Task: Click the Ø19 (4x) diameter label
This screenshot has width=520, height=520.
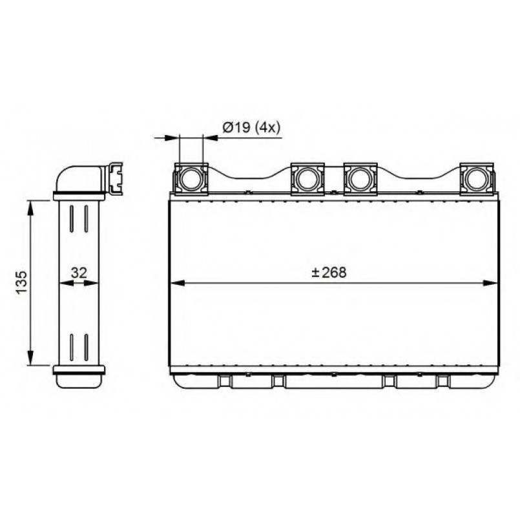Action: point(251,127)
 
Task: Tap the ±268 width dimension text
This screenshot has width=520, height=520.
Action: point(329,272)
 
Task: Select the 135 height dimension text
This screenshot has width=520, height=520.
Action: point(21,282)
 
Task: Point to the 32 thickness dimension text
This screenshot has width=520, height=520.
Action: point(79,273)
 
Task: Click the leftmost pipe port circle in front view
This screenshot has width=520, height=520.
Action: point(191,179)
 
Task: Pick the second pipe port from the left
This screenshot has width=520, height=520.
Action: point(307,179)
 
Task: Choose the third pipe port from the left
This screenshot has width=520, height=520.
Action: point(360,179)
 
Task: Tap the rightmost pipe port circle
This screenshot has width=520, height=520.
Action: point(477,179)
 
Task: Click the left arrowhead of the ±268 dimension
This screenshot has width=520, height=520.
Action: point(177,283)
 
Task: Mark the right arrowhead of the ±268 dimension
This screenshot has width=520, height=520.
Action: point(490,283)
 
